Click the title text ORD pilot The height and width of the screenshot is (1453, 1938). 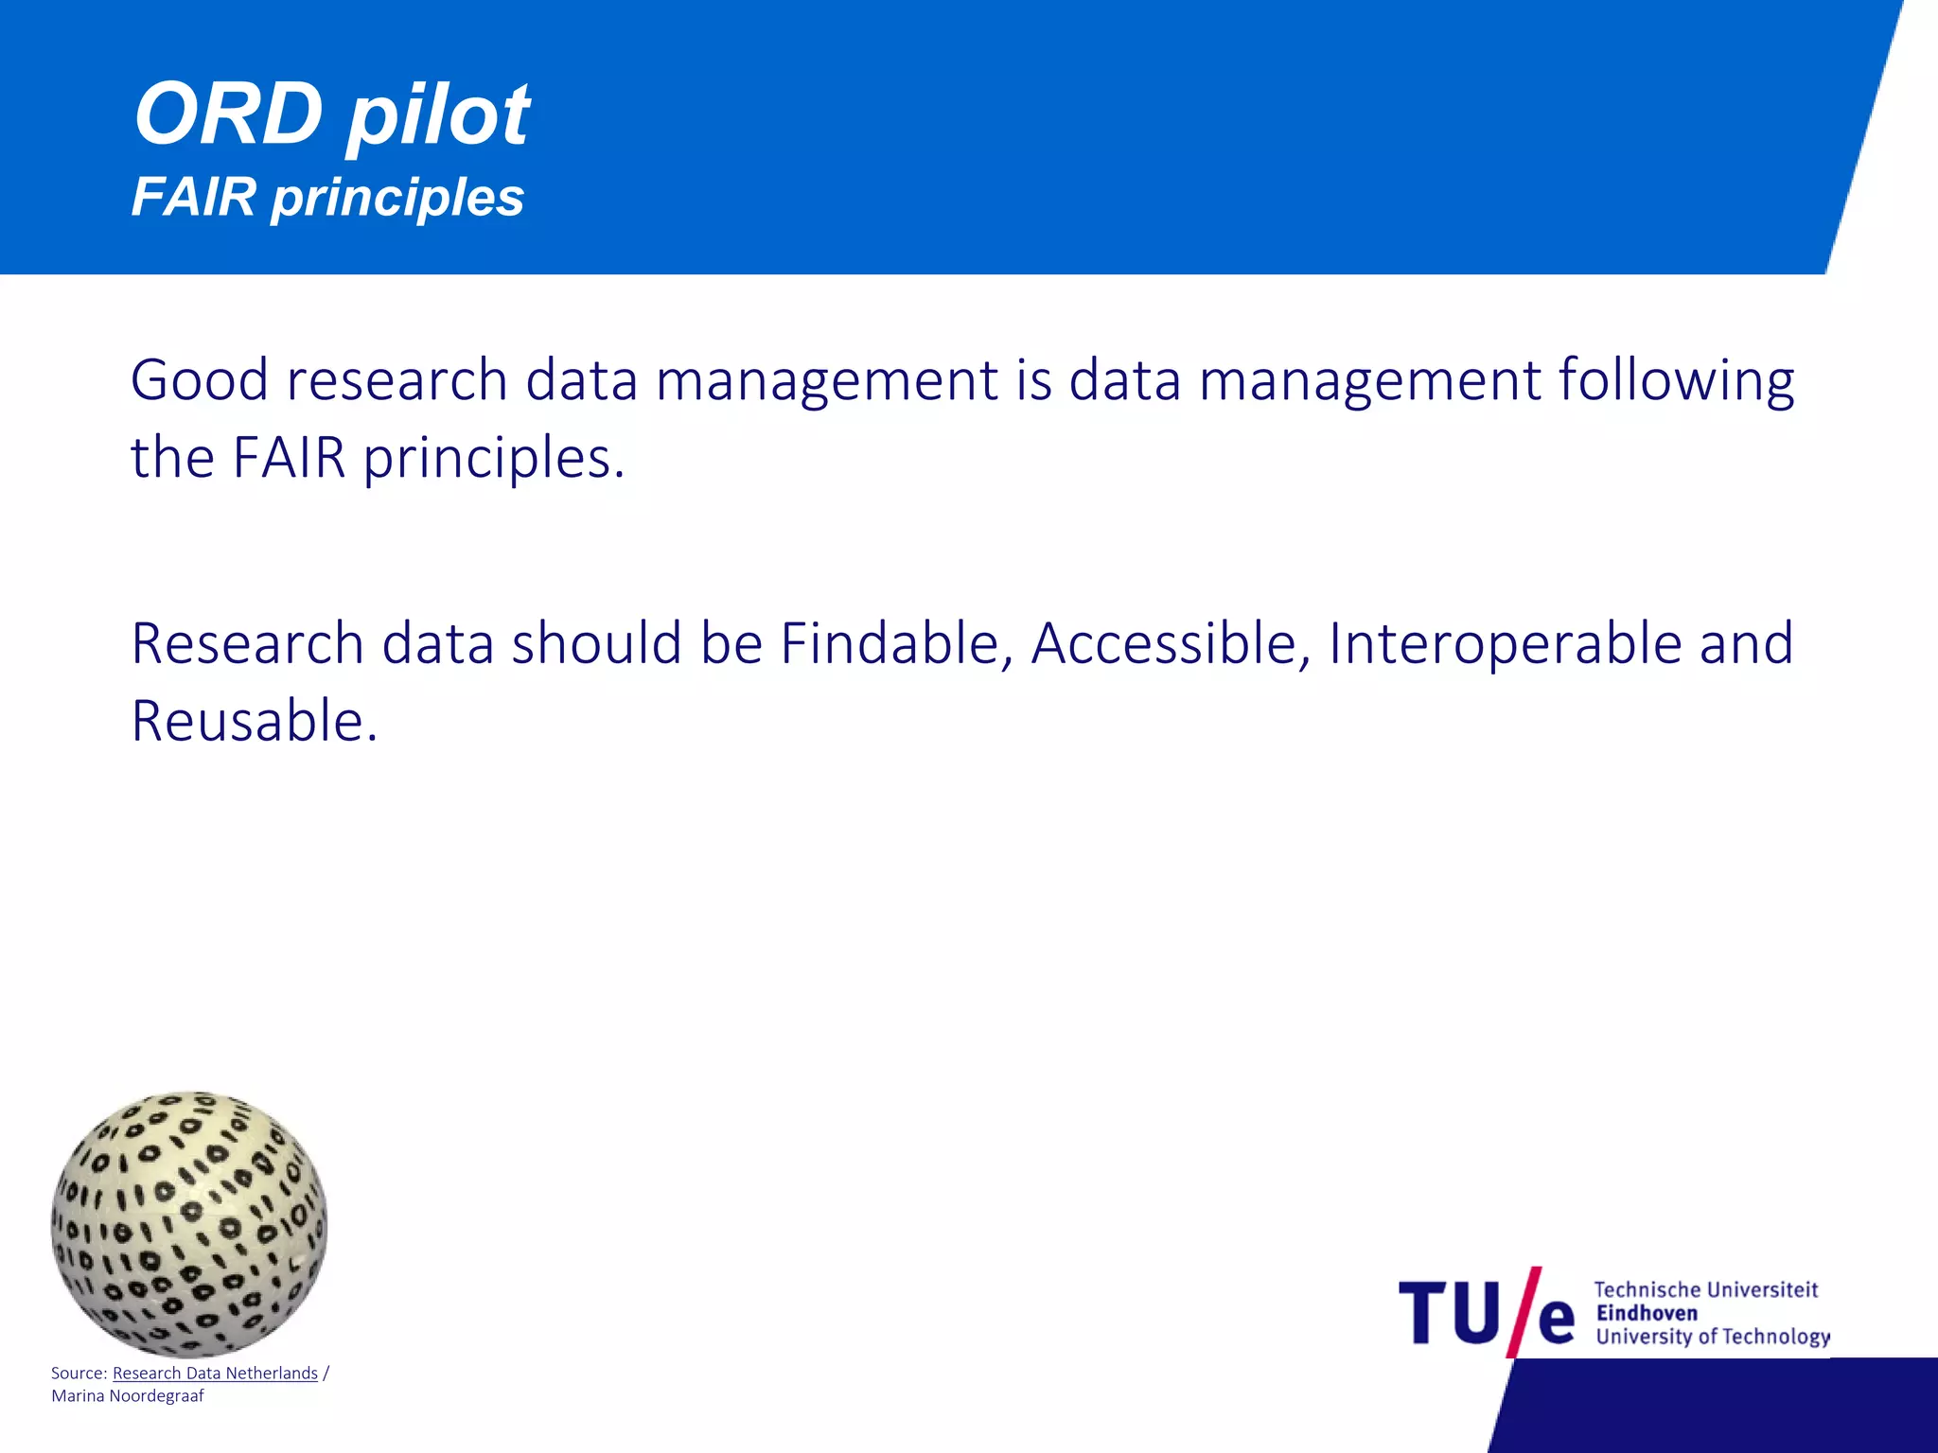click(x=331, y=115)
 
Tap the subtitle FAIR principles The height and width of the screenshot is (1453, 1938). click(x=327, y=198)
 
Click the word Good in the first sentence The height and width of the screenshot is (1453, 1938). click(x=199, y=380)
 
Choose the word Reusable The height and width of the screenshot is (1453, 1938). click(x=254, y=722)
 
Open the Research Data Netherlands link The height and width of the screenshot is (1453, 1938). click(x=215, y=1374)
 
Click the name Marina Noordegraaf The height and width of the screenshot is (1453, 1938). click(x=128, y=1396)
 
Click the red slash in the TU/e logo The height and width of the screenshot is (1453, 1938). click(x=1524, y=1313)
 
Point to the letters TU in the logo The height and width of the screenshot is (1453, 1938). click(x=1449, y=1313)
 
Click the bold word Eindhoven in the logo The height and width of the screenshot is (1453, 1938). click(x=1647, y=1313)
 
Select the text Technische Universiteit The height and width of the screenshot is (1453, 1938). click(x=1706, y=1289)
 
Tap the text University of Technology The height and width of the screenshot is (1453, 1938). click(x=1713, y=1337)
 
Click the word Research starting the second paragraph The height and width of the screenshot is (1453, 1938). click(x=247, y=644)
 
